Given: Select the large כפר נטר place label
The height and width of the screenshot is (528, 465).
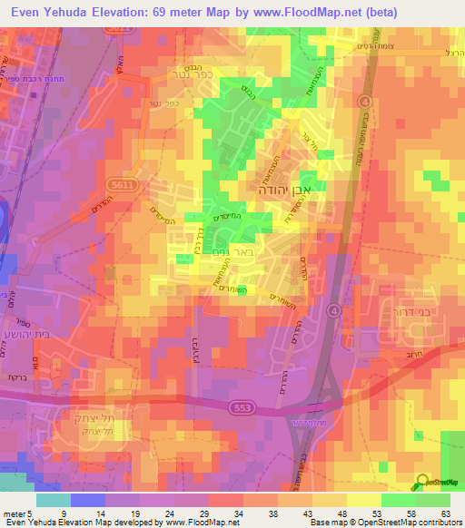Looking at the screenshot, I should [182, 70].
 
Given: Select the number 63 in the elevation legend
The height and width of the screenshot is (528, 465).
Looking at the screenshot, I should [445, 514].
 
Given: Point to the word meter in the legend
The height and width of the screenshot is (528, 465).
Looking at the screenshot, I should [13, 514].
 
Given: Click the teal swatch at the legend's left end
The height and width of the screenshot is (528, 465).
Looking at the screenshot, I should [54, 500].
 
